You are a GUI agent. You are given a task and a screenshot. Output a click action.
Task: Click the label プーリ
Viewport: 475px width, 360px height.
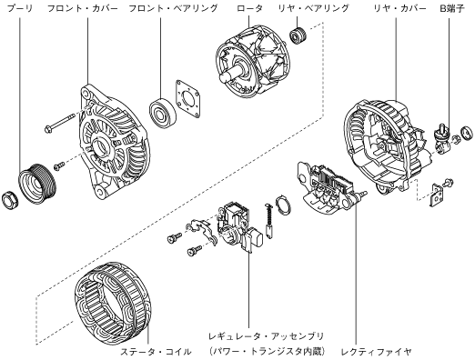point(20,8)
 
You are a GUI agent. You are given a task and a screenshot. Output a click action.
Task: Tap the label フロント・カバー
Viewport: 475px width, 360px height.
point(83,8)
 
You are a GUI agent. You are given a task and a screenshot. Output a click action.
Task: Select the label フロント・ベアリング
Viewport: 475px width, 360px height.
point(173,8)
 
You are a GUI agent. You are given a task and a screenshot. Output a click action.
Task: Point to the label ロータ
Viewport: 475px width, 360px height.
point(249,8)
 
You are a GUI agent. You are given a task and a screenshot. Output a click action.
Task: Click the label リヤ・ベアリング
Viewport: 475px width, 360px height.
point(314,8)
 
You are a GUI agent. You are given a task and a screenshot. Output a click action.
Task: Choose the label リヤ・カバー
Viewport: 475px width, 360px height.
point(399,8)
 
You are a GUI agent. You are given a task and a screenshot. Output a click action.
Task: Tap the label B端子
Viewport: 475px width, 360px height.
point(452,8)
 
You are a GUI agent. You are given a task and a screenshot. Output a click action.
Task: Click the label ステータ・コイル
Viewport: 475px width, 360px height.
point(157,352)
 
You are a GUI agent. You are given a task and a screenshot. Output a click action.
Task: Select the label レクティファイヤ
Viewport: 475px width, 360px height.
point(377,352)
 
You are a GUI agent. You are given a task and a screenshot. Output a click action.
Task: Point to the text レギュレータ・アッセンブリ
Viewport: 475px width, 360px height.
point(266,336)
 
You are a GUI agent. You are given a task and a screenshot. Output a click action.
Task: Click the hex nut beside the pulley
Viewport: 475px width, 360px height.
point(9,200)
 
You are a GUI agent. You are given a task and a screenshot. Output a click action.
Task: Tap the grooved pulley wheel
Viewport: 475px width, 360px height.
point(37,184)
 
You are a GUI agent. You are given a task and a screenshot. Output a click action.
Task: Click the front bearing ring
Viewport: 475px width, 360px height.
point(163,114)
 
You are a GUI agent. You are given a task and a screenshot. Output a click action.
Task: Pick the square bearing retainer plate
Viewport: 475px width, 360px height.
point(188,99)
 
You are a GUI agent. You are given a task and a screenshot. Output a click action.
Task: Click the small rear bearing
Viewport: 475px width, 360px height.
point(298,35)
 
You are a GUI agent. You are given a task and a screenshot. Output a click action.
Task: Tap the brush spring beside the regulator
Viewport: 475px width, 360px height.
point(269,221)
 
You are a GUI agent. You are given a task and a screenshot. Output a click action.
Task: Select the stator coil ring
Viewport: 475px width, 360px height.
point(112,304)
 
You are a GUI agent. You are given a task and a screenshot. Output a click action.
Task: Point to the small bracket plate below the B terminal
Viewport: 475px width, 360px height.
point(437,195)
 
